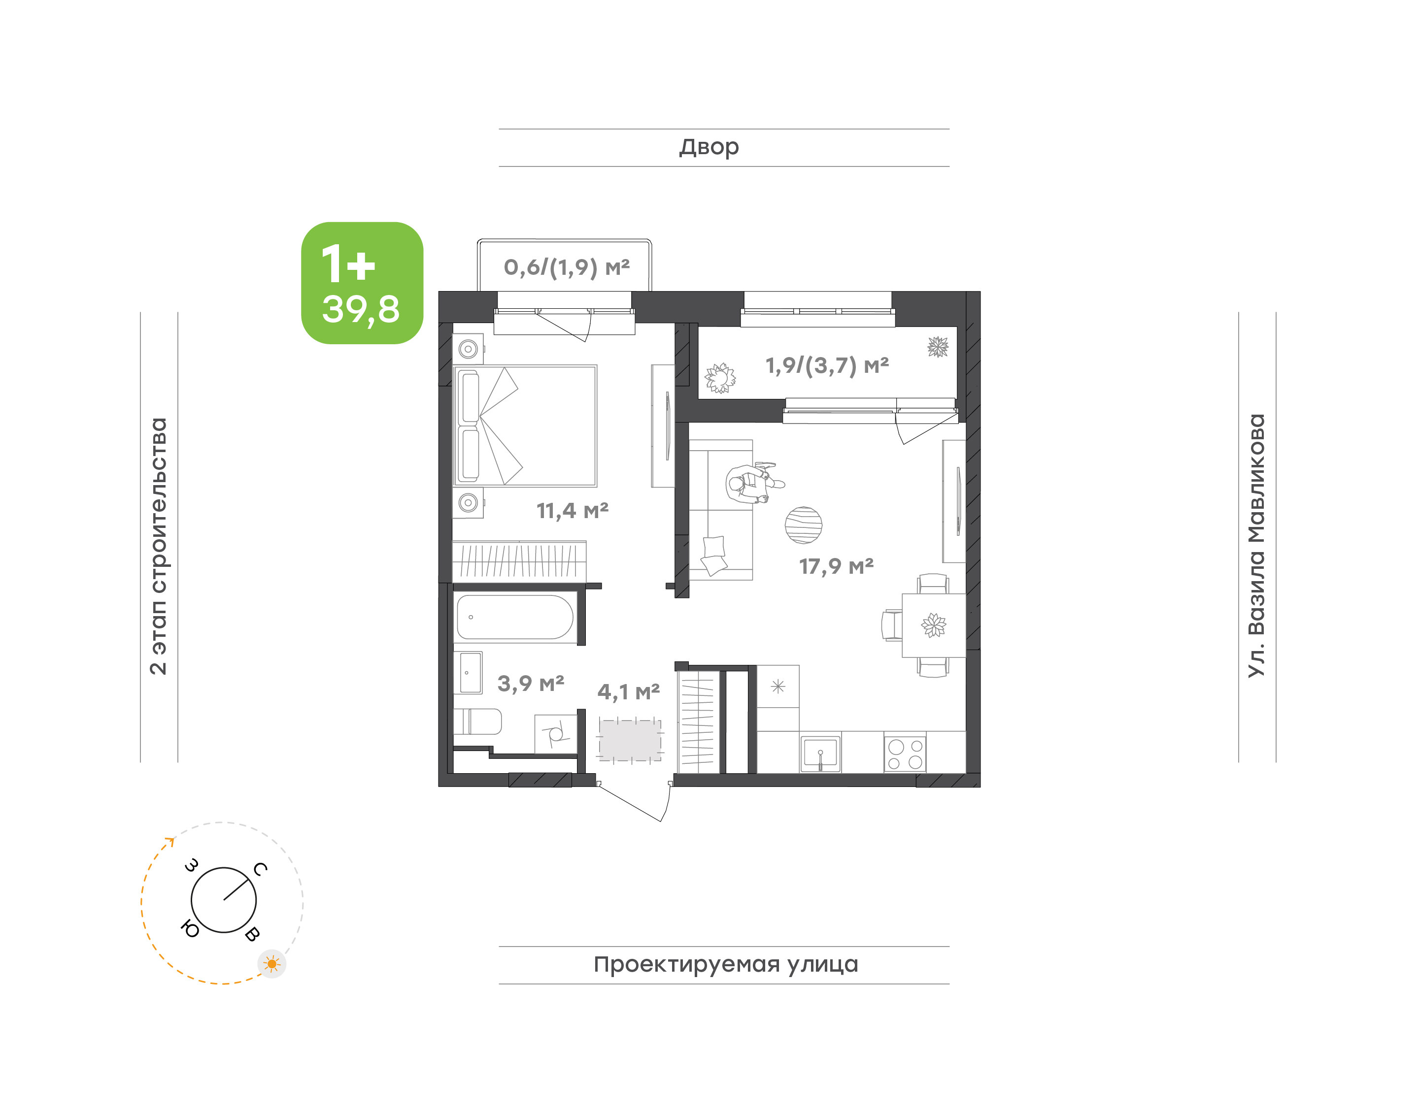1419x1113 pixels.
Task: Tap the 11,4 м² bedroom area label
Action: coord(573,510)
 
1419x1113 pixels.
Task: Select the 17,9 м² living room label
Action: coord(836,566)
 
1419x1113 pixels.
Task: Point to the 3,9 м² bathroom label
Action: coord(531,684)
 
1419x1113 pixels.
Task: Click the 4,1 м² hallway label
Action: coord(628,691)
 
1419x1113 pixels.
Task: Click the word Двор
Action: coord(709,148)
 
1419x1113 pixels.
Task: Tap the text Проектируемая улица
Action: coord(725,964)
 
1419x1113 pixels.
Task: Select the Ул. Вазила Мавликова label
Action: coord(1256,546)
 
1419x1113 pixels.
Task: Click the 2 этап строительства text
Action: coord(158,546)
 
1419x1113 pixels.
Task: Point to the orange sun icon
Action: coord(272,964)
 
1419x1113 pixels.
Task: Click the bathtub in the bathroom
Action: coord(515,617)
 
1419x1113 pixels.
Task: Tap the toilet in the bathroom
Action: coord(478,722)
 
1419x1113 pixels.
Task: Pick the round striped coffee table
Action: coord(803,525)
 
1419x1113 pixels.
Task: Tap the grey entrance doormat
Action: coord(630,740)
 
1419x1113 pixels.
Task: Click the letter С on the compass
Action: coord(260,869)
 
